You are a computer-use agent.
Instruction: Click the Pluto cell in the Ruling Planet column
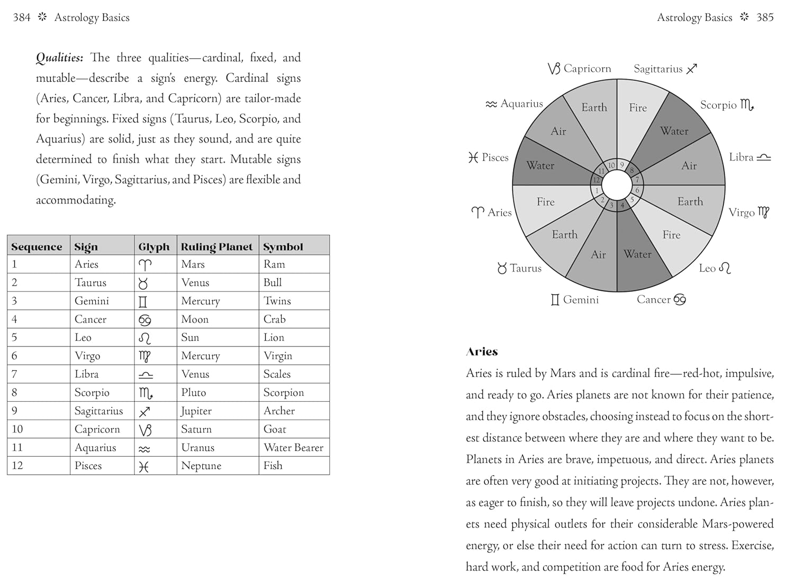click(194, 393)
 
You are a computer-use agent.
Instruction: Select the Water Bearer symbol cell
click(293, 448)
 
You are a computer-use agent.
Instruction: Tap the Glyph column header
click(154, 247)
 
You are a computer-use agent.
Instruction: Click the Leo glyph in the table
click(145, 338)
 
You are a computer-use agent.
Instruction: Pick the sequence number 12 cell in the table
click(17, 466)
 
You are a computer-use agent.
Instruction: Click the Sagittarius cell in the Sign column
click(98, 411)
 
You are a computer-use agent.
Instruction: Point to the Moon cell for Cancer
click(195, 319)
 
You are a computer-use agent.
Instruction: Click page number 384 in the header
click(22, 17)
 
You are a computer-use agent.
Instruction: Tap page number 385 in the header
click(765, 17)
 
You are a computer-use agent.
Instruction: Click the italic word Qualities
click(59, 58)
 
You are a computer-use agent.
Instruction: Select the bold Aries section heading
click(482, 352)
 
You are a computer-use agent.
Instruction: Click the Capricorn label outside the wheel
click(587, 69)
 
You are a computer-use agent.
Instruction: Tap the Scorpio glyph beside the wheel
click(747, 105)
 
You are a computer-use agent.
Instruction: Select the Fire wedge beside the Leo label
click(671, 235)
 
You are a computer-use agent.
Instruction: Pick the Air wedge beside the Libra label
click(689, 165)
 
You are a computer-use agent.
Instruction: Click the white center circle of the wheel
click(617, 186)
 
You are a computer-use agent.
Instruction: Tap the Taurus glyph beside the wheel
click(502, 269)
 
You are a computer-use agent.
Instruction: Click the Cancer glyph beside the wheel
click(680, 300)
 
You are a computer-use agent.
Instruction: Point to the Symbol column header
click(283, 247)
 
